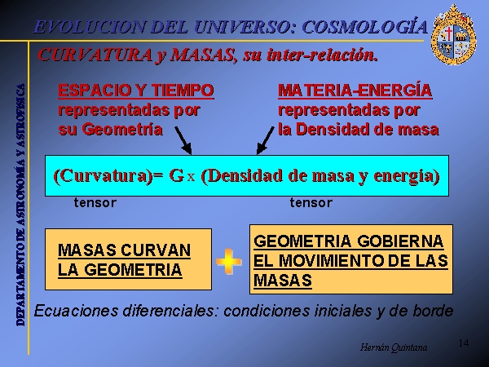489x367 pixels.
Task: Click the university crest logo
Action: (453, 34)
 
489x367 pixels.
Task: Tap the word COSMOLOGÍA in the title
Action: (365, 27)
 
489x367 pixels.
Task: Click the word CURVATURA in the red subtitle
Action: (95, 55)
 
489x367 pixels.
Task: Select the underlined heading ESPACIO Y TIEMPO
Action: (136, 91)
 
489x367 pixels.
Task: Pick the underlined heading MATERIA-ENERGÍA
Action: (355, 91)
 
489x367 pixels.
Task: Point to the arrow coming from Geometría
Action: (183, 140)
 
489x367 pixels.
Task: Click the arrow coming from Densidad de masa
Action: (265, 140)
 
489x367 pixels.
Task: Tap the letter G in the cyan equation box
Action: (176, 175)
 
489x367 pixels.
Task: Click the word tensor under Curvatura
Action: (95, 203)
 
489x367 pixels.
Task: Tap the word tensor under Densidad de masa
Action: (311, 203)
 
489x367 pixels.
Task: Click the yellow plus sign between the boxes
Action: (228, 262)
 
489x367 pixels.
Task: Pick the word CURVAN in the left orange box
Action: (156, 250)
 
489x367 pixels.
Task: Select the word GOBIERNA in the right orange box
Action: (400, 241)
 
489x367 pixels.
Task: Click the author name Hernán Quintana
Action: (394, 347)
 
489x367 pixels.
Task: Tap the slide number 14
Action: (464, 343)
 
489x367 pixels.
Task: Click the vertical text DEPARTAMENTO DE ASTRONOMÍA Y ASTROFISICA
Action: (20, 205)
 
